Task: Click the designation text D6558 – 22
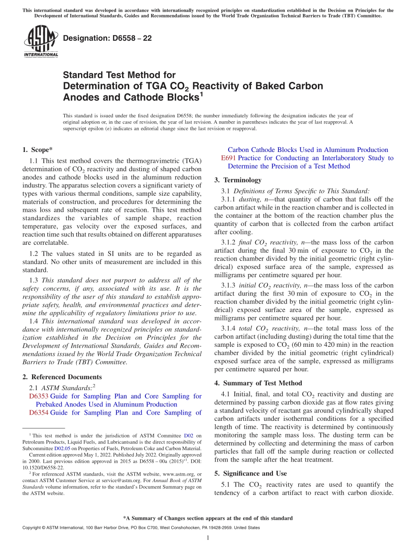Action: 107,38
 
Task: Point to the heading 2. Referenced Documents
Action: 62,377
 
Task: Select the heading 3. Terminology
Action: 238,180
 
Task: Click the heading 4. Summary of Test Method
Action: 258,383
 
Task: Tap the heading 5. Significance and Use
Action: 250,473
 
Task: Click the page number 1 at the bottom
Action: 208,538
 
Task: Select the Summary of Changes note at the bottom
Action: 208,518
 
